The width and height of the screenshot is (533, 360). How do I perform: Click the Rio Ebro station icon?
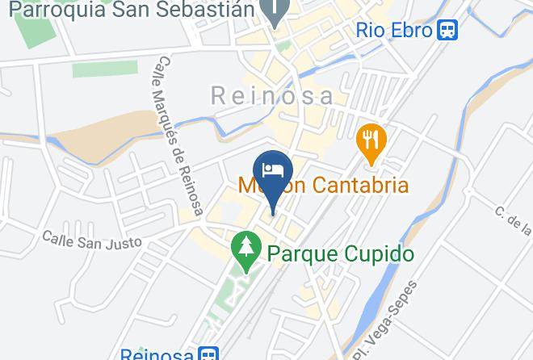coord(447,31)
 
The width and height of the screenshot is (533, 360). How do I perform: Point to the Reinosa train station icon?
coord(208,354)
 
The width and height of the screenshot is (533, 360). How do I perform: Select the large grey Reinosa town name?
coord(272,96)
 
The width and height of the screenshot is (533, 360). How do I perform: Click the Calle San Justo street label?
coord(92,240)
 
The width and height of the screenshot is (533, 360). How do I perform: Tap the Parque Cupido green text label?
coord(340,255)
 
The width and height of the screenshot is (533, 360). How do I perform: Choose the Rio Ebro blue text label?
coord(394,31)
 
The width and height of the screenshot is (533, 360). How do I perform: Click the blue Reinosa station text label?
coord(157,354)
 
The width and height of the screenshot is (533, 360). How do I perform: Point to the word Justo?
coord(125,241)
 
